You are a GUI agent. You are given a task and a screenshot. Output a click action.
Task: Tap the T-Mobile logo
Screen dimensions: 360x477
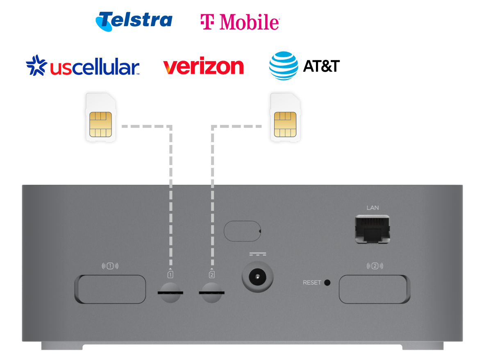pos(239,22)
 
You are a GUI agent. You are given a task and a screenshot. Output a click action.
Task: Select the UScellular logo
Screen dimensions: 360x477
pos(82,66)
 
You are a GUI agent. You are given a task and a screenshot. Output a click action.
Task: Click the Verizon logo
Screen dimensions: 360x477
pos(203,67)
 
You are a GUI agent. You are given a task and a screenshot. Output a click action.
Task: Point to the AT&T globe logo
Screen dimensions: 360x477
pos(283,66)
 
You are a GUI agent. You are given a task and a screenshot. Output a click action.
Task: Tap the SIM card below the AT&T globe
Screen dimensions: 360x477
pos(286,118)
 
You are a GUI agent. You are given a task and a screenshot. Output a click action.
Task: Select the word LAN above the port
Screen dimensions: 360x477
pos(373,208)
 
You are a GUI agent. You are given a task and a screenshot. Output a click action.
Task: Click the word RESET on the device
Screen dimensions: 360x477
pos(312,283)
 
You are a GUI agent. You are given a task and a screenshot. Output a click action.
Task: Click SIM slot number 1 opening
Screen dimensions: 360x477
pos(170,293)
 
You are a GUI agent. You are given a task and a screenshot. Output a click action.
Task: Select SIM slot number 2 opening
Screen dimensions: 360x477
pos(212,293)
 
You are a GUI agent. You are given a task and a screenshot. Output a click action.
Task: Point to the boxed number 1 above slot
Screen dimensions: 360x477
pos(170,274)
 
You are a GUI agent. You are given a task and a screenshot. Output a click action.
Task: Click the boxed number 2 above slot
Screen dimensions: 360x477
pos(212,274)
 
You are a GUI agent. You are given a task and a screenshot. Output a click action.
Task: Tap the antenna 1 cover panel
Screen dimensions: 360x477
pos(111,289)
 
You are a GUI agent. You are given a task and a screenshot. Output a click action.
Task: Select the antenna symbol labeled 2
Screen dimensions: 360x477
pos(375,266)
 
